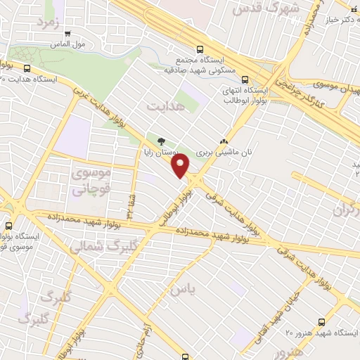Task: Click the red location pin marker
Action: point(181,166)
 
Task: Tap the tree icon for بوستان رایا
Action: point(162,141)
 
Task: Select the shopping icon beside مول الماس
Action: point(67,33)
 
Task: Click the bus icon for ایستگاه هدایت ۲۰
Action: point(27,69)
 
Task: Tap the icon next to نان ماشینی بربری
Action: point(225,141)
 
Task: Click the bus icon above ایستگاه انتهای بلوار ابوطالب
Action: point(245,79)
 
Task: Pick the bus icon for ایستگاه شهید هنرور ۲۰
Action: point(321,321)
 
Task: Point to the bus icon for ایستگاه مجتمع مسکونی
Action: point(200,50)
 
